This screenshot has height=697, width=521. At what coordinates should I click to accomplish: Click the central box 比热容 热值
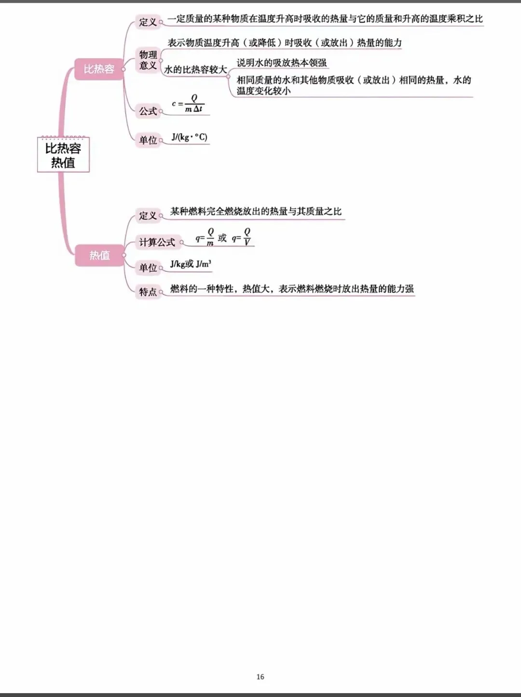click(x=63, y=155)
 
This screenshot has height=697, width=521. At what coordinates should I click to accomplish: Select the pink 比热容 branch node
click(x=99, y=69)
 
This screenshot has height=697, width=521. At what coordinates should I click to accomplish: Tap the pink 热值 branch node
click(x=99, y=255)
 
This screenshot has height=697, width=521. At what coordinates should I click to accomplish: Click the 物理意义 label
click(x=148, y=60)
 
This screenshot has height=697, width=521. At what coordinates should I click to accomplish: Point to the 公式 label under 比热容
click(x=148, y=111)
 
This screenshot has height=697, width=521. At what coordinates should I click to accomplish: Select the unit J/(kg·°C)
click(x=189, y=137)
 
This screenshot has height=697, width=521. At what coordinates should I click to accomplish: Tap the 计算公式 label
click(x=157, y=242)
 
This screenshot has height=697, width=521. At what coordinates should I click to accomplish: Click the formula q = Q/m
click(x=205, y=238)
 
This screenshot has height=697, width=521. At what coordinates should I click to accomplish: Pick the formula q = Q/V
click(x=242, y=238)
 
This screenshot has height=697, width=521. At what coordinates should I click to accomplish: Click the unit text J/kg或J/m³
click(x=191, y=264)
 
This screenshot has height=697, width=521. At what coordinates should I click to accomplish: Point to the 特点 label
click(x=148, y=292)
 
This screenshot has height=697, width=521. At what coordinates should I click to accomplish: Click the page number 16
click(x=260, y=677)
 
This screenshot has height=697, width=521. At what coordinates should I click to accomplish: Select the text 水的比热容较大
click(x=195, y=70)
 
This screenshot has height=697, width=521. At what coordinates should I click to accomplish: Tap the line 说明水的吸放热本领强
click(x=281, y=63)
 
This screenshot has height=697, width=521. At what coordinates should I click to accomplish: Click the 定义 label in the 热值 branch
click(x=148, y=215)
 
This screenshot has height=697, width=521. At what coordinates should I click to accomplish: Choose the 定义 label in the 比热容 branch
click(x=148, y=22)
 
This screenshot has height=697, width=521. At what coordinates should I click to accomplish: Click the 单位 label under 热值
click(x=148, y=268)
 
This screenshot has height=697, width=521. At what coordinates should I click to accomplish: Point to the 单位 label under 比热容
click(x=148, y=140)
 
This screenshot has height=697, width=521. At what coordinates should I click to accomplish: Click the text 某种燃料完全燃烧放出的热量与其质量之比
click(x=256, y=212)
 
